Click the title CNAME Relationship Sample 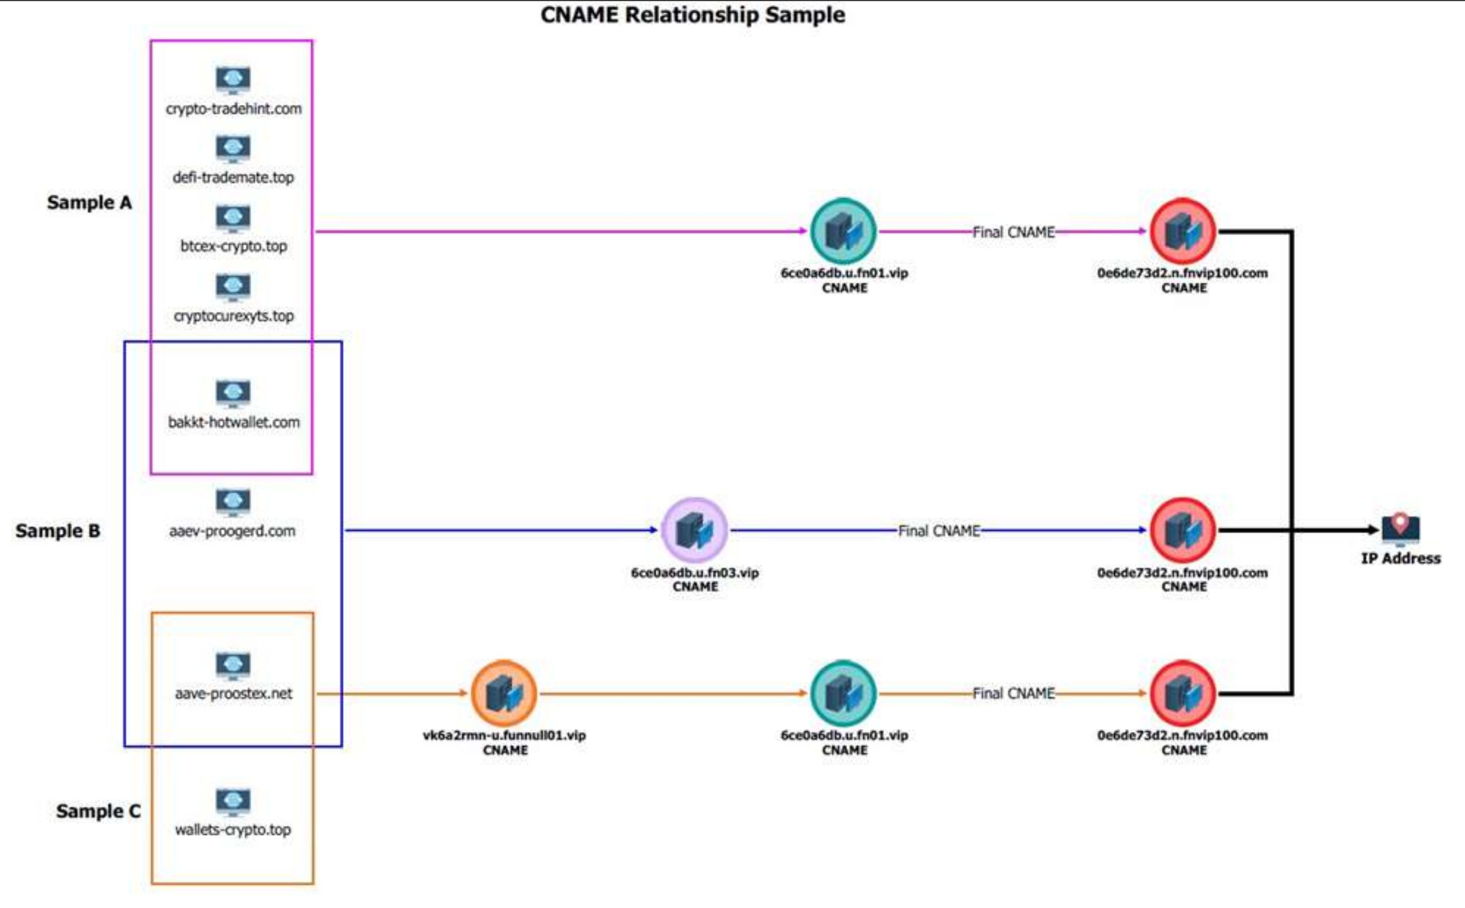692,14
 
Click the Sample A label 89,202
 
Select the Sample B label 58,531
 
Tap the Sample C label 98,811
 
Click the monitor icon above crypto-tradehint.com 233,80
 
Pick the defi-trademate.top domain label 233,178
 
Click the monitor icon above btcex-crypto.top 233,218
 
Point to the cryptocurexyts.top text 233,316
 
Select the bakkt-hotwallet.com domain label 233,422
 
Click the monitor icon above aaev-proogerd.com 233,502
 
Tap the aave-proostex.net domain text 233,694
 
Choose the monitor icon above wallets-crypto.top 233,802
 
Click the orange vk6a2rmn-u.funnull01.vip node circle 504,693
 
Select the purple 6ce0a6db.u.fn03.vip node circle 694,530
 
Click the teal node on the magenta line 843,231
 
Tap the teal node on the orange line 843,694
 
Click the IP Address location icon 1400,527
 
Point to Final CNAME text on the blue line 938,531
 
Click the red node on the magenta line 1183,231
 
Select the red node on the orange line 1183,694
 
